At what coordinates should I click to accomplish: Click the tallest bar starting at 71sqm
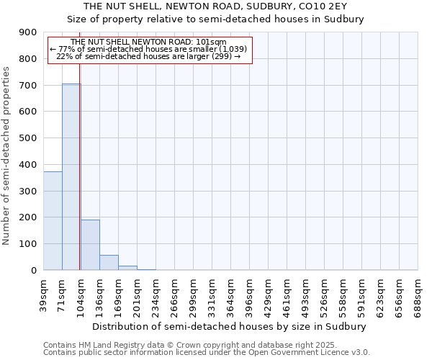[71, 176]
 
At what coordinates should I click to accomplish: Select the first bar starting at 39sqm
[53, 220]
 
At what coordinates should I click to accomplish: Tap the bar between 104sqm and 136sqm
[90, 245]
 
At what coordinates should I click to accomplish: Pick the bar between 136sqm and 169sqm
[109, 263]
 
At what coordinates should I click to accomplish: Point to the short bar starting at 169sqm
[127, 268]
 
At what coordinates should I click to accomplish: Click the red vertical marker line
[79, 180]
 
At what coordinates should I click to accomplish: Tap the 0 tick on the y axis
[34, 271]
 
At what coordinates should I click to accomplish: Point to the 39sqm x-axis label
[44, 293]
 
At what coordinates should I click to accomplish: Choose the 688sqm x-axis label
[418, 294]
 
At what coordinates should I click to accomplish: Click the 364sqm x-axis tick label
[230, 294]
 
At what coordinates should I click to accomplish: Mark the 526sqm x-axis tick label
[324, 294]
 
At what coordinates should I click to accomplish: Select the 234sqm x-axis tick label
[156, 294]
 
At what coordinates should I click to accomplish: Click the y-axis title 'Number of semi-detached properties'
[7, 156]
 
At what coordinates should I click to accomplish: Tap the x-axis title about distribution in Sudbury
[230, 326]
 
